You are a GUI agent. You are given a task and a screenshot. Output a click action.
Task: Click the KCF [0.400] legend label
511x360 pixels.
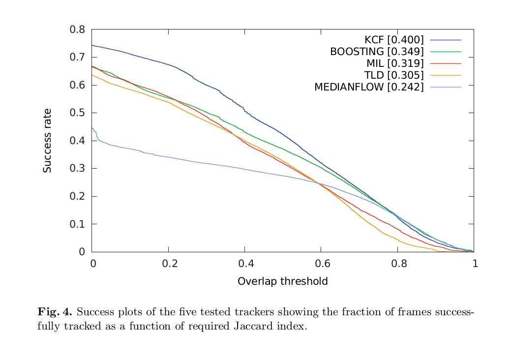pos(393,40)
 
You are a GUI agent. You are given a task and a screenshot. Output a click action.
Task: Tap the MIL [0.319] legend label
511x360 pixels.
pos(394,63)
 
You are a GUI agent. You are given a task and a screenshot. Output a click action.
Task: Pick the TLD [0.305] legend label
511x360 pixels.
pos(393,75)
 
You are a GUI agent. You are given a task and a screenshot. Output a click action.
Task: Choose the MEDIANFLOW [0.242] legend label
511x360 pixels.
pos(368,87)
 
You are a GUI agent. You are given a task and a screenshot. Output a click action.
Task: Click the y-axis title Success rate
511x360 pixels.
pos(47,141)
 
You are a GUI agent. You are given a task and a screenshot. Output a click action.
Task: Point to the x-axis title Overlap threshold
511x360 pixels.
pos(282,282)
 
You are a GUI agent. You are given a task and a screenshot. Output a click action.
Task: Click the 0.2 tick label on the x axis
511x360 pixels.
pos(169,264)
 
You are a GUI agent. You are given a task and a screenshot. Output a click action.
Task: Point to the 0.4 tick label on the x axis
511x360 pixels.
pos(245,264)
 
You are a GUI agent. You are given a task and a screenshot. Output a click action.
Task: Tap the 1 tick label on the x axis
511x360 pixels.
pos(475,264)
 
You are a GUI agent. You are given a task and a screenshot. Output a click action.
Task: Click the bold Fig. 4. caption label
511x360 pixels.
pos(55,312)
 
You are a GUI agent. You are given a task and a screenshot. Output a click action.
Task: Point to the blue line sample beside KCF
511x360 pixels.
pos(446,40)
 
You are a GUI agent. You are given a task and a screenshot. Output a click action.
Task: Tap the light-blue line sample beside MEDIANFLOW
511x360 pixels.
pos(446,87)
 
